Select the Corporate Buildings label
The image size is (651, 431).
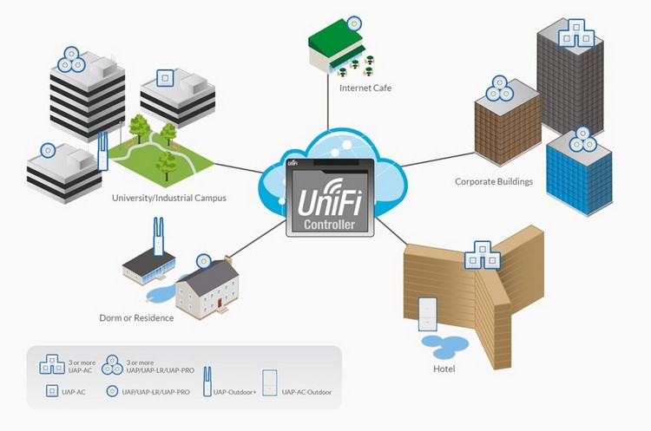pos(494,182)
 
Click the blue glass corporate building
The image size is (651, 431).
pos(576,178)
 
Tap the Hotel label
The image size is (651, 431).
pos(444,369)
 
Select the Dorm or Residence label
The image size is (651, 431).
pos(136,318)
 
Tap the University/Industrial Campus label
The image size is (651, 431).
pos(169,198)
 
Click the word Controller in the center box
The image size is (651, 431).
pos(329,225)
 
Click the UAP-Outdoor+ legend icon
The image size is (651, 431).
pos(207,381)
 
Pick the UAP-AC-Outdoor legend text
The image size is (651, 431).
pos(306,393)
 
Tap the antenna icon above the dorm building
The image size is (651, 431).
pos(159,236)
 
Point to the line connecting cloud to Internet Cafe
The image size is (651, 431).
pos(328,113)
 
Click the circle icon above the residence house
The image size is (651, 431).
pos(203,261)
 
